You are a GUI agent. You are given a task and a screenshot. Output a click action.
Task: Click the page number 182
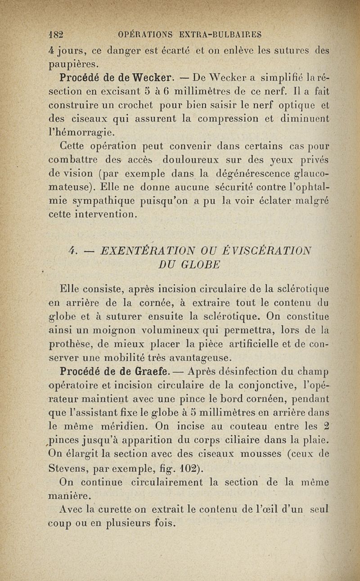click(57, 34)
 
